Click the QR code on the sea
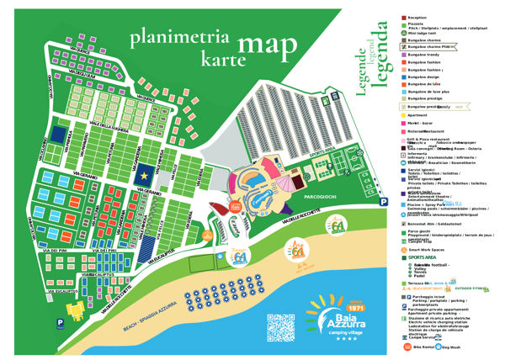point(282,327)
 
